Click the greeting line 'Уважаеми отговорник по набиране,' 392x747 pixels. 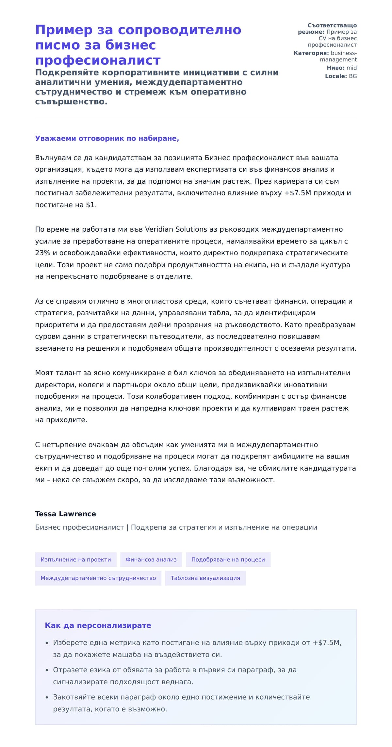point(107,138)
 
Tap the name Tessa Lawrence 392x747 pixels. point(65,514)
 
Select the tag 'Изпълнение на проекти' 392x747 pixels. point(76,559)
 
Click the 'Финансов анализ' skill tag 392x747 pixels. point(151,559)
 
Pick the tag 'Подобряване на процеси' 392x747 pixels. point(228,559)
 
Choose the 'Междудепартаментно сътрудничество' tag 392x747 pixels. point(98,578)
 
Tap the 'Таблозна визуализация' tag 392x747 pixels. point(205,578)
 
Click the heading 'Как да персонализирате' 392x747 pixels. point(98,625)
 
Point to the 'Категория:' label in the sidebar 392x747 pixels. point(311,53)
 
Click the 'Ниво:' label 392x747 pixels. point(335,68)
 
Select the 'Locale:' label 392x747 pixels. point(336,76)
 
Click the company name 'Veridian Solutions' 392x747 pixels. point(176,229)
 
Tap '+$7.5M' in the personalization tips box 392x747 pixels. point(327,642)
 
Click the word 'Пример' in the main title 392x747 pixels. point(64,30)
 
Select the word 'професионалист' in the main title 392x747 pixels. point(98,60)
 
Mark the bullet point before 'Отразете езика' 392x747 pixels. point(47,670)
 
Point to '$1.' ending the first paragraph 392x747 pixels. point(91,205)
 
